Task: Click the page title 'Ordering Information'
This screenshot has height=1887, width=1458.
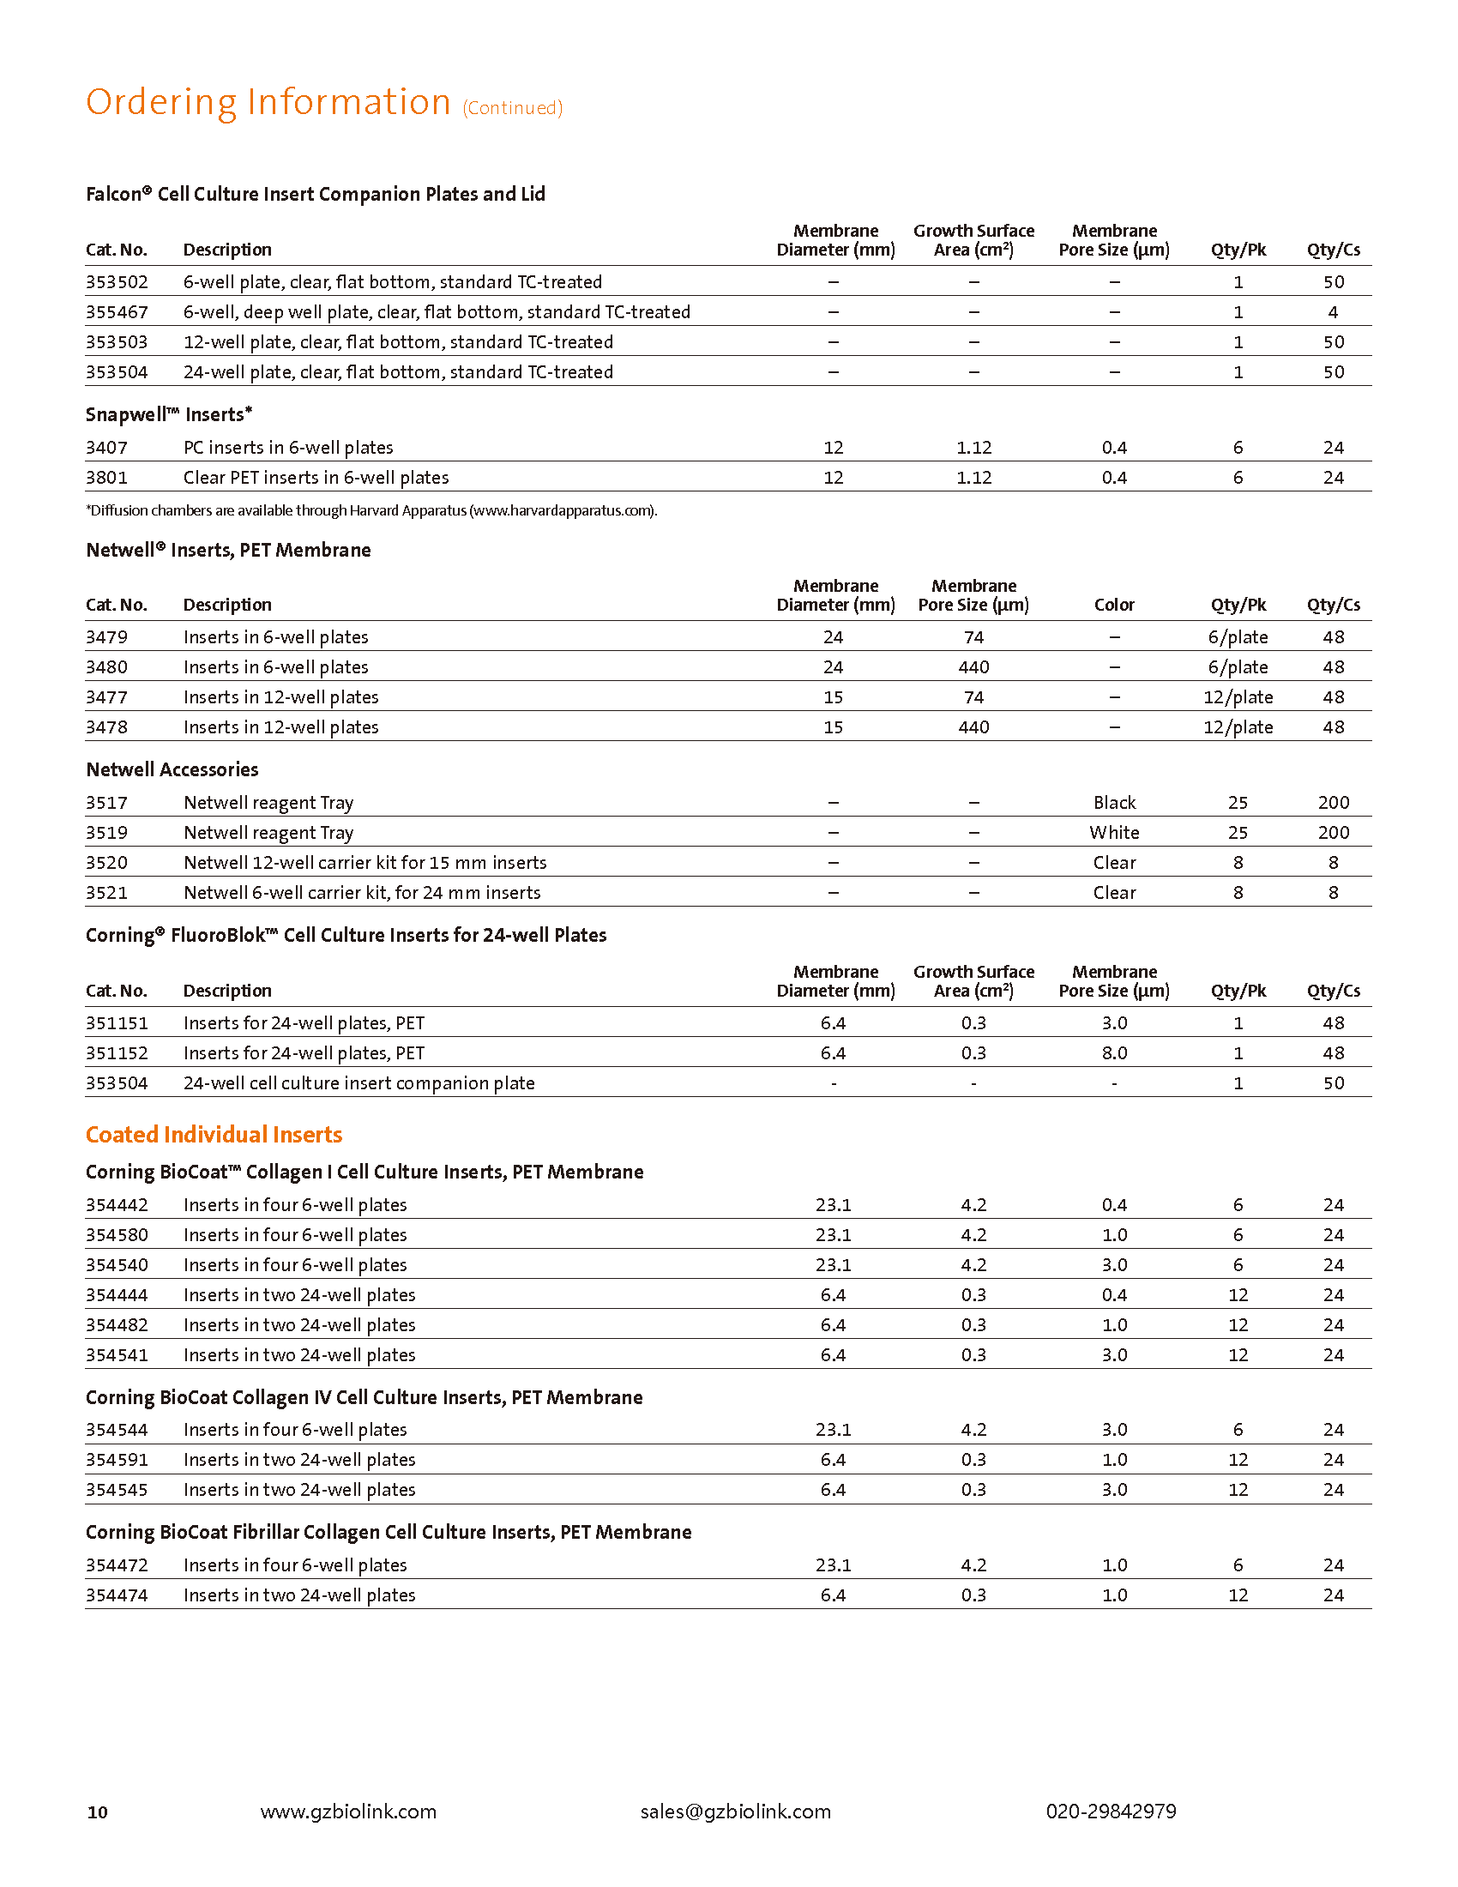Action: (268, 103)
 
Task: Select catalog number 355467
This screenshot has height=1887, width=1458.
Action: (117, 312)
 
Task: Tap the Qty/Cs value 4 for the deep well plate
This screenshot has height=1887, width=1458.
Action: (1333, 312)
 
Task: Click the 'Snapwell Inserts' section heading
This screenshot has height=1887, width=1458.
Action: (168, 415)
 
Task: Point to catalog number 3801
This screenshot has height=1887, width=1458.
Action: (106, 478)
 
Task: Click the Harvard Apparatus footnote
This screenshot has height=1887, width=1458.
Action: (371, 510)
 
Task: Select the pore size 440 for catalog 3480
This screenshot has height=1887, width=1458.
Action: (973, 667)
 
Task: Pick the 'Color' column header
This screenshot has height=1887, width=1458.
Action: (1114, 605)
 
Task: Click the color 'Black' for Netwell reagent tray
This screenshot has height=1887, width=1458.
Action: (1114, 803)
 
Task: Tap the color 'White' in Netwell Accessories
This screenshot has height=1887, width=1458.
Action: (1114, 833)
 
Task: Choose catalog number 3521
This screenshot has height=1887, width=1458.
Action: (106, 893)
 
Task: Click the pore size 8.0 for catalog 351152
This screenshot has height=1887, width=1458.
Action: (1114, 1053)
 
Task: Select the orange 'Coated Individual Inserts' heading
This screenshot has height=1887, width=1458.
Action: (214, 1135)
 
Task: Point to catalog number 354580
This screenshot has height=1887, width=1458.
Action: (117, 1234)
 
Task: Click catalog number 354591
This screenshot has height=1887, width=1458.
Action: (117, 1459)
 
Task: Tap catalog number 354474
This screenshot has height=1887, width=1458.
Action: (117, 1595)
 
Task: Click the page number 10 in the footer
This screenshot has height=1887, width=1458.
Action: (98, 1812)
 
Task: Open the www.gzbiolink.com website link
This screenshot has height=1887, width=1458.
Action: (348, 1811)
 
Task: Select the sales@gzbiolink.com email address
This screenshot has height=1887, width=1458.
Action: (735, 1811)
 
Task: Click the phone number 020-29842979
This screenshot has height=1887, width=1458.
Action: (1111, 1811)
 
